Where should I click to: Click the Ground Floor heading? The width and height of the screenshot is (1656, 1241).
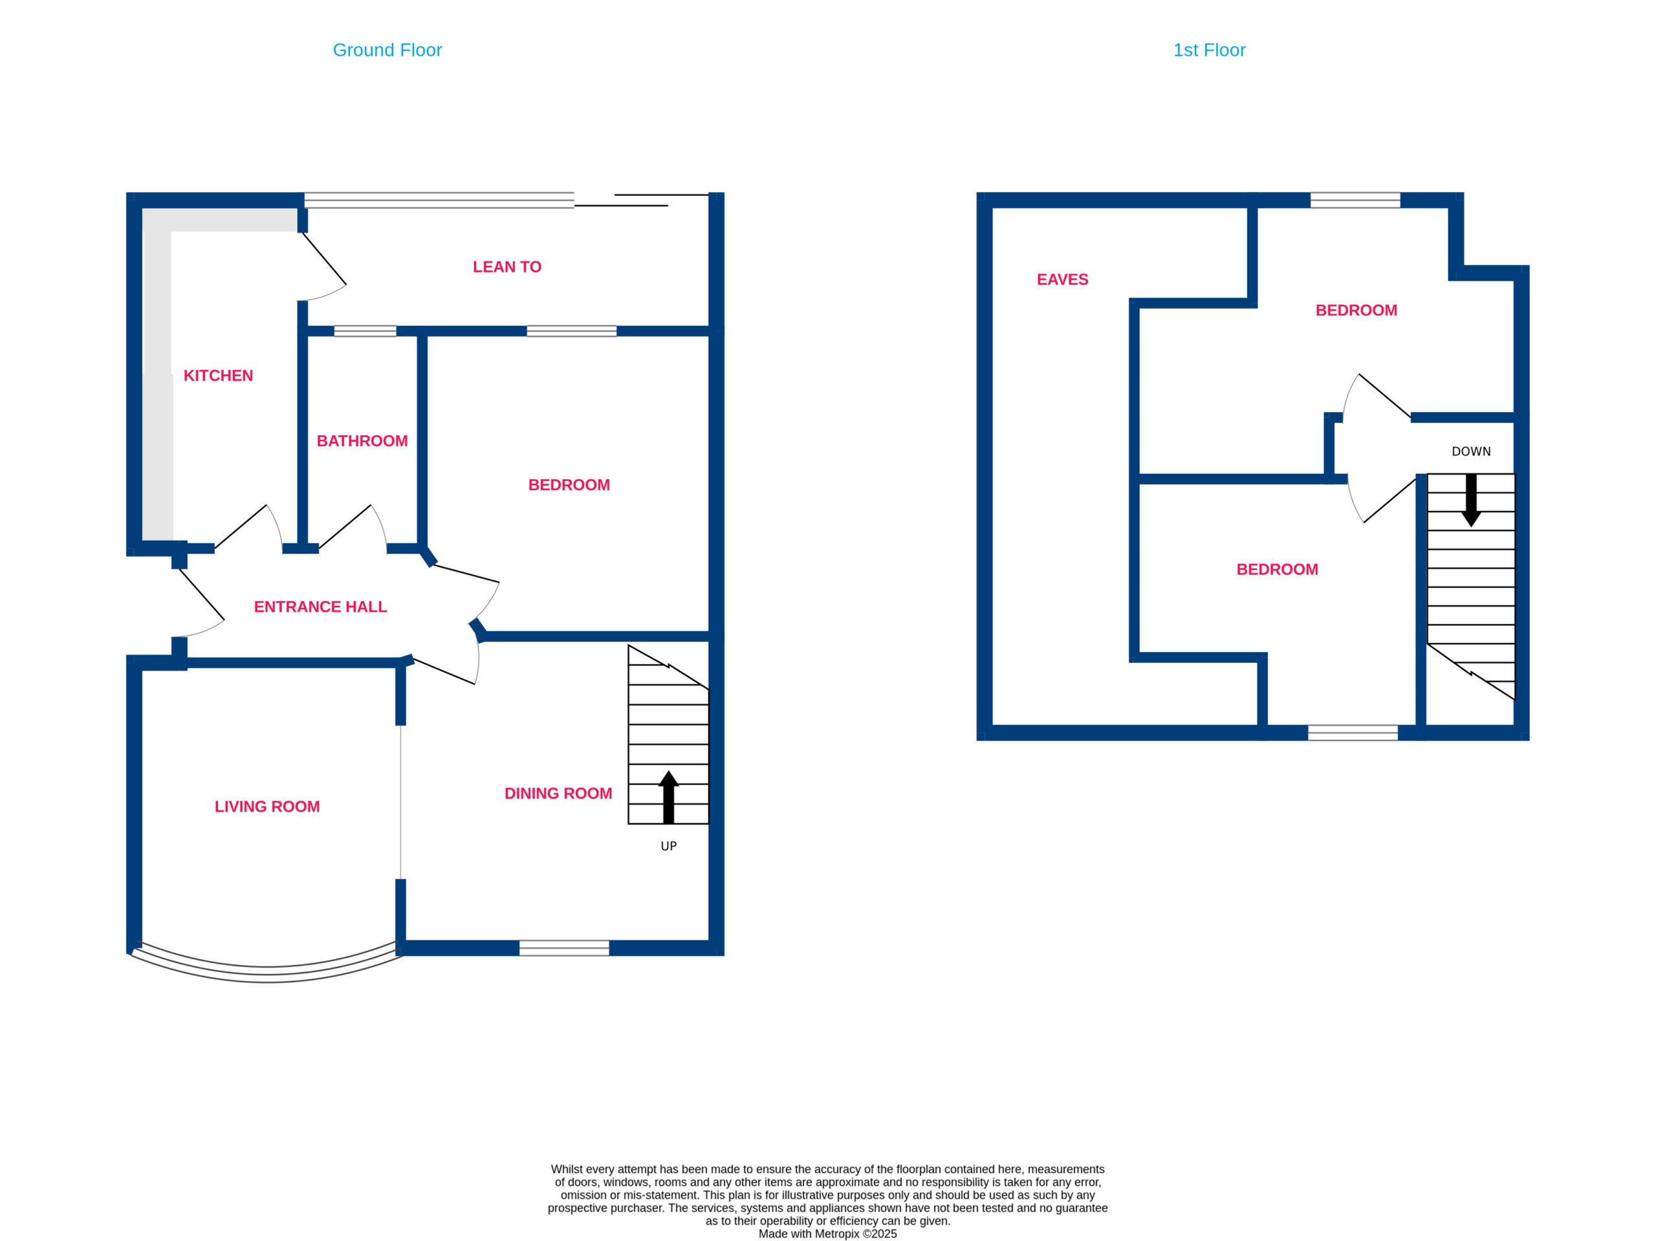pyautogui.click(x=387, y=50)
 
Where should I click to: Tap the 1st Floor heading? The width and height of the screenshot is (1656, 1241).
pyautogui.click(x=1209, y=50)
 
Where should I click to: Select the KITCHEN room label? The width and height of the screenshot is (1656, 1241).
pyautogui.click(x=218, y=376)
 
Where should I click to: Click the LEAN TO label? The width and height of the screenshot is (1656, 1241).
pyautogui.click(x=507, y=267)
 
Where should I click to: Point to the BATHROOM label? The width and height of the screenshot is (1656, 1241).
pyautogui.click(x=362, y=441)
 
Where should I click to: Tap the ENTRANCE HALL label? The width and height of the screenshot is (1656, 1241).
pyautogui.click(x=320, y=607)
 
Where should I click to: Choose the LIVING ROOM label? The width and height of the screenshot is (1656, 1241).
pyautogui.click(x=267, y=807)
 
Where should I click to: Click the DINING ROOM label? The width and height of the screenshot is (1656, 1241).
pyautogui.click(x=558, y=793)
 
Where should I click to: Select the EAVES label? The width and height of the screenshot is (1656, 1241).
pyautogui.click(x=1062, y=280)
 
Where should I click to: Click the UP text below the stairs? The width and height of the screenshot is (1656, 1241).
pyautogui.click(x=668, y=847)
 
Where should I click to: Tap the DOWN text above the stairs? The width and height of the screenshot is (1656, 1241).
pyautogui.click(x=1471, y=451)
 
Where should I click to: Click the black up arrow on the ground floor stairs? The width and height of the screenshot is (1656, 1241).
pyautogui.click(x=668, y=797)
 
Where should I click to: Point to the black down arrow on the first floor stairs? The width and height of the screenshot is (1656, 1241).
pyautogui.click(x=1471, y=500)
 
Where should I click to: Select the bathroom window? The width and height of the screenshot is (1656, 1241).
pyautogui.click(x=365, y=331)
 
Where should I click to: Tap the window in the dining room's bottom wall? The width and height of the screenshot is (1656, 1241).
pyautogui.click(x=565, y=947)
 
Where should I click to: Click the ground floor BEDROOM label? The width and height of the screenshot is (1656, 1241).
pyautogui.click(x=569, y=485)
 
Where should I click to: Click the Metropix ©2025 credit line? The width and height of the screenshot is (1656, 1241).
pyautogui.click(x=827, y=1233)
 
